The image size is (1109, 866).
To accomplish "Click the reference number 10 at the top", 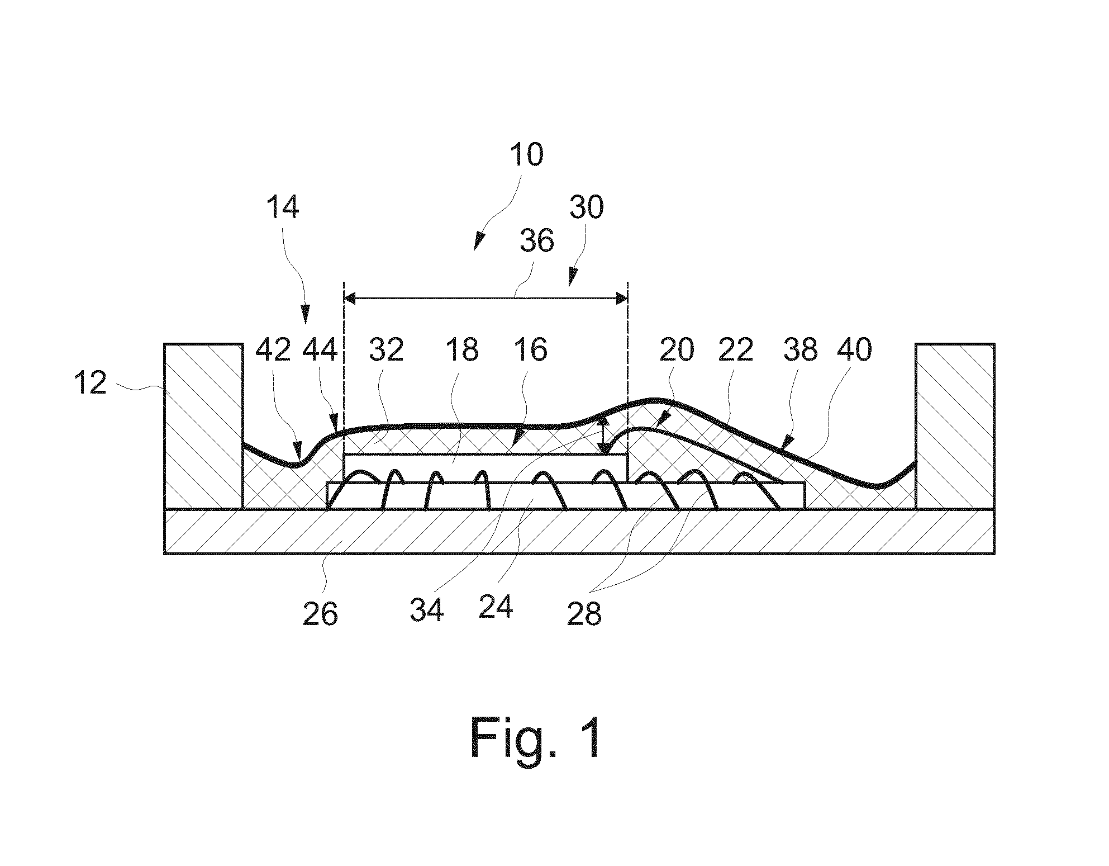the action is pyautogui.click(x=526, y=155).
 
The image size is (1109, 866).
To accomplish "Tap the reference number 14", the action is pyautogui.click(x=282, y=207).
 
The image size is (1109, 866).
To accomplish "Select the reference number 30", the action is pyautogui.click(x=587, y=207).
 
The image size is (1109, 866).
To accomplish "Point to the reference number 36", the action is pyautogui.click(x=537, y=241).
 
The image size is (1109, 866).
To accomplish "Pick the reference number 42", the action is pyautogui.click(x=273, y=351).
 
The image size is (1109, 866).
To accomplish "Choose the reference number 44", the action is pyautogui.click(x=320, y=351).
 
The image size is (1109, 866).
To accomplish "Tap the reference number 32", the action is pyautogui.click(x=386, y=351).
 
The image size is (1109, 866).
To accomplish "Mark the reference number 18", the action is pyautogui.click(x=462, y=351).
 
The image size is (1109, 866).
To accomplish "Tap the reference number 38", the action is pyautogui.click(x=800, y=351).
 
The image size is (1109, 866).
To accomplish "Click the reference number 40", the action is pyautogui.click(x=855, y=351).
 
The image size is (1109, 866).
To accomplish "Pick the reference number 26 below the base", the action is pyautogui.click(x=320, y=614).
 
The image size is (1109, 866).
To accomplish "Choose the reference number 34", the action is pyautogui.click(x=427, y=609).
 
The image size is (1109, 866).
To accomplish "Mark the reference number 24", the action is pyautogui.click(x=496, y=607).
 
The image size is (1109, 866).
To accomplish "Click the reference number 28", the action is pyautogui.click(x=584, y=614).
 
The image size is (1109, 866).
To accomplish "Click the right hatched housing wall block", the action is pyautogui.click(x=955, y=426).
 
